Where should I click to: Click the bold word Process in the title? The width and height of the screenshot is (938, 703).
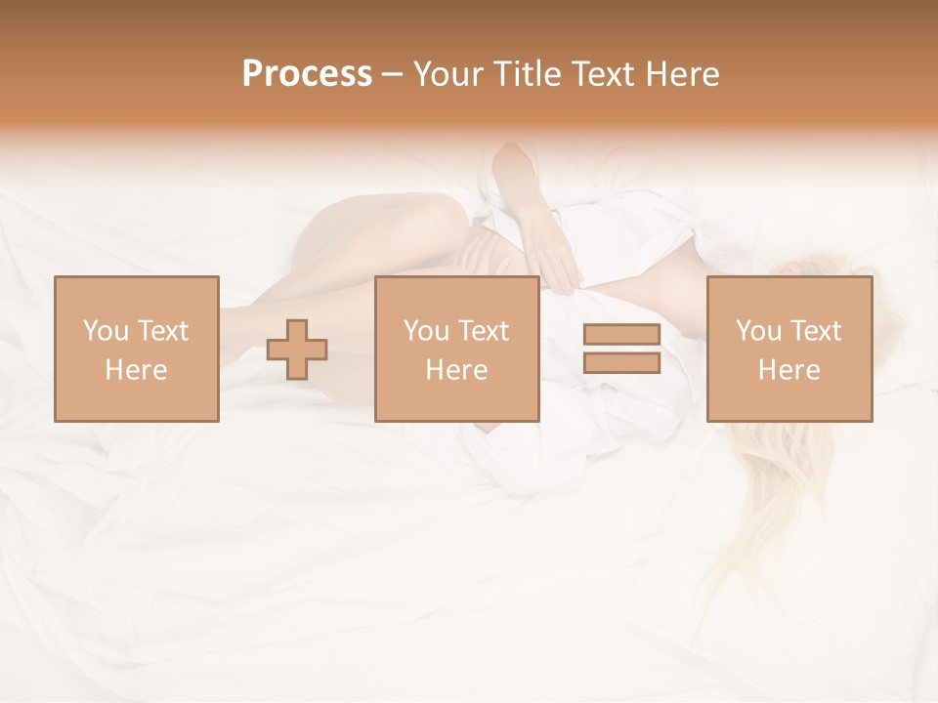(307, 74)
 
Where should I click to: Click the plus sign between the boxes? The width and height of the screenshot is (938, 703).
(297, 349)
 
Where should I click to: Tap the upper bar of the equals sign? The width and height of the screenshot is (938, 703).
(621, 335)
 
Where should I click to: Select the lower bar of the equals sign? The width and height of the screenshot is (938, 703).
(621, 362)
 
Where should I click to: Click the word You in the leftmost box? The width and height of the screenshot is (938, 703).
(106, 331)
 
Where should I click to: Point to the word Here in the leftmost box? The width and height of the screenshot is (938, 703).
(136, 370)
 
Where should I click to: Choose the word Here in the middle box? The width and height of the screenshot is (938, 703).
(456, 370)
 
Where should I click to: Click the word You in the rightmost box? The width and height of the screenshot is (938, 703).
(758, 331)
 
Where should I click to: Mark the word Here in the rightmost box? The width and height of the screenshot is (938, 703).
(789, 370)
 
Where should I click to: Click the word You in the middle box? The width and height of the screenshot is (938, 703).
(426, 331)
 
